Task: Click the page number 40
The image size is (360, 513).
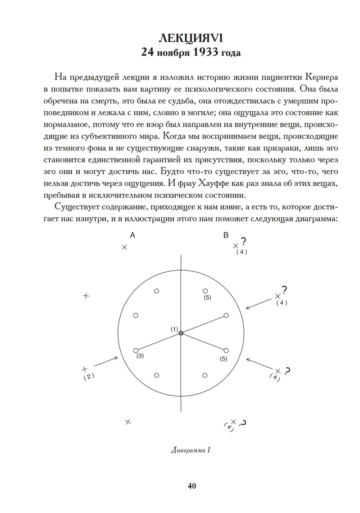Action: pos(192,486)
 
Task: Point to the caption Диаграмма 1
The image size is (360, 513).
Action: pos(191,450)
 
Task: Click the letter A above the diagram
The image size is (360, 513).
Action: pos(132,235)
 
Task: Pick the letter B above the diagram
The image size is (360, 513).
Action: pos(226,235)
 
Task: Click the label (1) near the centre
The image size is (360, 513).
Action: pos(175,329)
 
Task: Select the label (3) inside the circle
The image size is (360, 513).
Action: pos(140,356)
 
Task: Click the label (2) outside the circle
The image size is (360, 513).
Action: pos(89,376)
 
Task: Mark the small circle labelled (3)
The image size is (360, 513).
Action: pos(136,351)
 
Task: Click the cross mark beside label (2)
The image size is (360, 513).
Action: pos(85,369)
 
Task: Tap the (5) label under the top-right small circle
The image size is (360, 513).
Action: pos(207,297)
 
